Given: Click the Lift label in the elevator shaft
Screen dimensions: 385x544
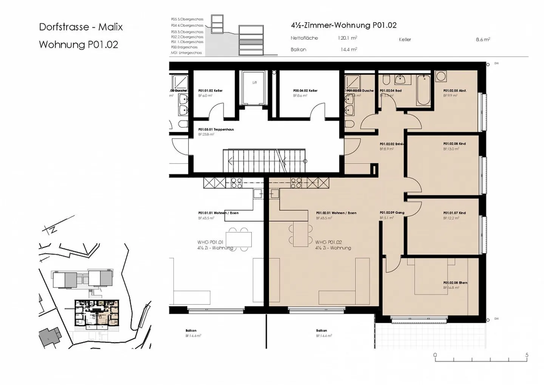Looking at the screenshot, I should click(x=254, y=82).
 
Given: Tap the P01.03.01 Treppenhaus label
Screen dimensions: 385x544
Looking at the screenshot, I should click(x=216, y=130).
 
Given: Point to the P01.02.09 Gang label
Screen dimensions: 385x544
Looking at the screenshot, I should click(x=392, y=213).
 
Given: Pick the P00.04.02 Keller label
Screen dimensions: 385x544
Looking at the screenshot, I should click(x=305, y=91).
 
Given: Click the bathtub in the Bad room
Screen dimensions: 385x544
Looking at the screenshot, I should click(x=423, y=90).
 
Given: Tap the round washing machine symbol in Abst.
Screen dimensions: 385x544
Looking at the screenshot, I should click(x=440, y=76).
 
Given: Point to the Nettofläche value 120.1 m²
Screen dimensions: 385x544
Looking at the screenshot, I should click(x=347, y=38).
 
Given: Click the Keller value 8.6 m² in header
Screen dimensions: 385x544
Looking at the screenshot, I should click(x=482, y=39).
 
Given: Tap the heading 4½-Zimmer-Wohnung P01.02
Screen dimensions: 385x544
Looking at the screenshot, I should click(x=343, y=25).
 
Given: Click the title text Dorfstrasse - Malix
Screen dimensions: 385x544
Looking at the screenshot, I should click(x=81, y=27).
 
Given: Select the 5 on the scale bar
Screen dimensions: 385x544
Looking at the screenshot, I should click(x=527, y=355).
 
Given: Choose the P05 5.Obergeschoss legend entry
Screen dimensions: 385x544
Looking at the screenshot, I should click(x=187, y=19).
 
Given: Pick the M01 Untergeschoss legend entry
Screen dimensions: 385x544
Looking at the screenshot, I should click(x=186, y=53).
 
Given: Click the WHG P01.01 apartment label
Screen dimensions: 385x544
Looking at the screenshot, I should click(x=210, y=242).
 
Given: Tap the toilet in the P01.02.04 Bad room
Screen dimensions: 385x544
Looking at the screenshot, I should click(x=386, y=80).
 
